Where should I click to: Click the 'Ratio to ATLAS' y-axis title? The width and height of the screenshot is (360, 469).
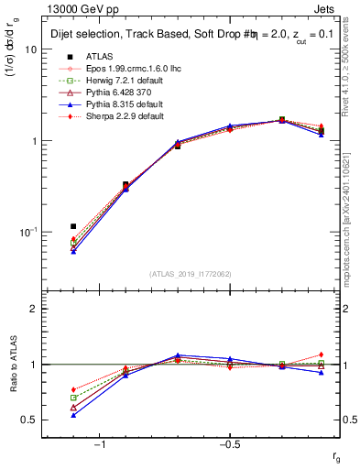[14, 370]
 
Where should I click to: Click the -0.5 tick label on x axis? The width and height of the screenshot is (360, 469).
[228, 444]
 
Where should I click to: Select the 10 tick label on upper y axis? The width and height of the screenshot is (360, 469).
[30, 49]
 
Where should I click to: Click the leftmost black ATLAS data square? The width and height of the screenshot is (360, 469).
[73, 226]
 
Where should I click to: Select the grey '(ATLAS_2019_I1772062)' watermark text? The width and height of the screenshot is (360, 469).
[191, 274]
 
